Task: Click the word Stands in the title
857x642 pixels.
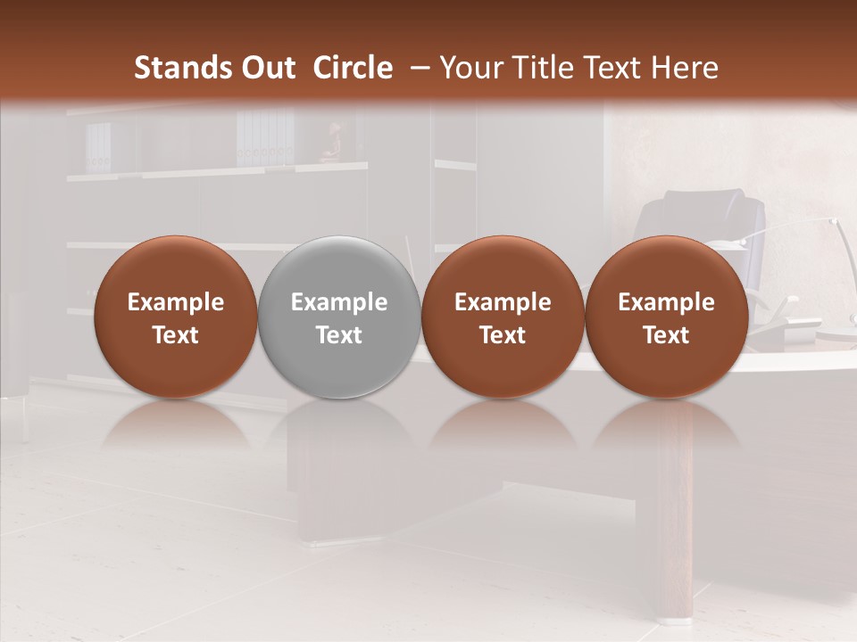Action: pyautogui.click(x=183, y=68)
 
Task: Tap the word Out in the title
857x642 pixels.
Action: pyautogui.click(x=266, y=68)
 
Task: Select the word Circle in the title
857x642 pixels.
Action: pyautogui.click(x=353, y=68)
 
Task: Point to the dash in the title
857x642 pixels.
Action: pyautogui.click(x=416, y=69)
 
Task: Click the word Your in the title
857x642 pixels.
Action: pyautogui.click(x=472, y=68)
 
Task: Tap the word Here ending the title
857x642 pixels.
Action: pyautogui.click(x=686, y=68)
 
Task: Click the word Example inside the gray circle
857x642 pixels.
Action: pyautogui.click(x=339, y=302)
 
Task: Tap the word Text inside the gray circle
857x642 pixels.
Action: pyautogui.click(x=339, y=335)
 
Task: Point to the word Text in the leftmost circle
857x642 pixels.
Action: pyautogui.click(x=175, y=335)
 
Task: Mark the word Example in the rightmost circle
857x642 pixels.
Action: pyautogui.click(x=666, y=302)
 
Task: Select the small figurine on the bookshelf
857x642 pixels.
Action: pyautogui.click(x=331, y=143)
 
